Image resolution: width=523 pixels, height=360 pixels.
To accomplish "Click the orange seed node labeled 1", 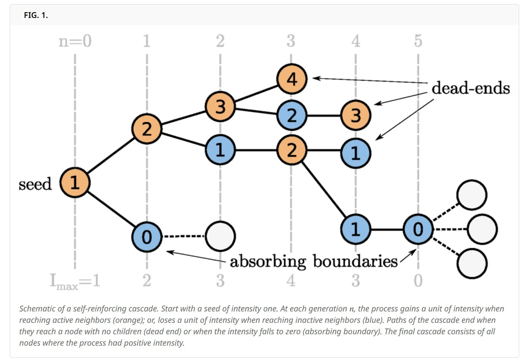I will tap(75, 182).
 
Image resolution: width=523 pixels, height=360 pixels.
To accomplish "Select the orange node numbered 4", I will tap(292, 79).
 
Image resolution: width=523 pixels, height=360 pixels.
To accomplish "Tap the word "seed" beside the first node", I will tap(35, 184).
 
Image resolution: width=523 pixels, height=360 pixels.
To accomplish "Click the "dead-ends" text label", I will tap(470, 88).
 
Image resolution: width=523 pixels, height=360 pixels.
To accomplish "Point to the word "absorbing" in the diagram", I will tap(268, 262).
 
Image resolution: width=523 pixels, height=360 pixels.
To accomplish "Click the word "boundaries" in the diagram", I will tap(355, 262).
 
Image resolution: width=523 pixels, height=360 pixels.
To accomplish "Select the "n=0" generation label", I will tap(75, 41).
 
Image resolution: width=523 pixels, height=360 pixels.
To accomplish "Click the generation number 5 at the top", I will tap(418, 41).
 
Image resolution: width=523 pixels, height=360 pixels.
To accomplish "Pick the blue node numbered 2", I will tap(292, 115).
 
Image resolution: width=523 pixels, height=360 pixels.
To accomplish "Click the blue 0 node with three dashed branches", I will tap(418, 229).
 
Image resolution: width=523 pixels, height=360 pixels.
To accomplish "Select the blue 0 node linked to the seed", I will tap(147, 237).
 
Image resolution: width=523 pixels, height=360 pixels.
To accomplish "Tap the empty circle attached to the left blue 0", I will tap(220, 236).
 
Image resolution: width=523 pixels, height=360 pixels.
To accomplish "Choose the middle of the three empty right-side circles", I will tap(482, 229).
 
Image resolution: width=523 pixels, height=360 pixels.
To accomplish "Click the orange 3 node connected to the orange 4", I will tap(220, 107).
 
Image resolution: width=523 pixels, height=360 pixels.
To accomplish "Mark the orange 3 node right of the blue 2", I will tap(356, 115).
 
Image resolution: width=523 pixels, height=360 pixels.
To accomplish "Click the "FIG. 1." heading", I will tap(36, 15).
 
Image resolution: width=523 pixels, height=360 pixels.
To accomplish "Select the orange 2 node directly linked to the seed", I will tap(147, 129).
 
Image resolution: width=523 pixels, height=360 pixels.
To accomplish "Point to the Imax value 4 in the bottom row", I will tap(291, 281).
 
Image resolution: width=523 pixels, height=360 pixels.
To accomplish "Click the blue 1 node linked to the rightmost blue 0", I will tap(356, 229).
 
